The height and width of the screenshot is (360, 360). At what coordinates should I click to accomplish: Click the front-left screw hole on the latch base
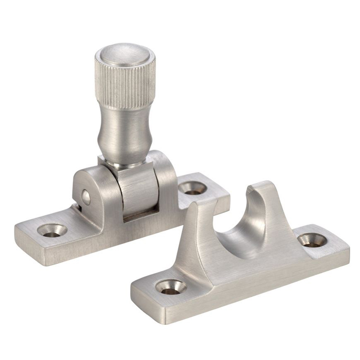click(54, 230)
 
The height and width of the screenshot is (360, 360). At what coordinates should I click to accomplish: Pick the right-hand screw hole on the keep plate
click(312, 240)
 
